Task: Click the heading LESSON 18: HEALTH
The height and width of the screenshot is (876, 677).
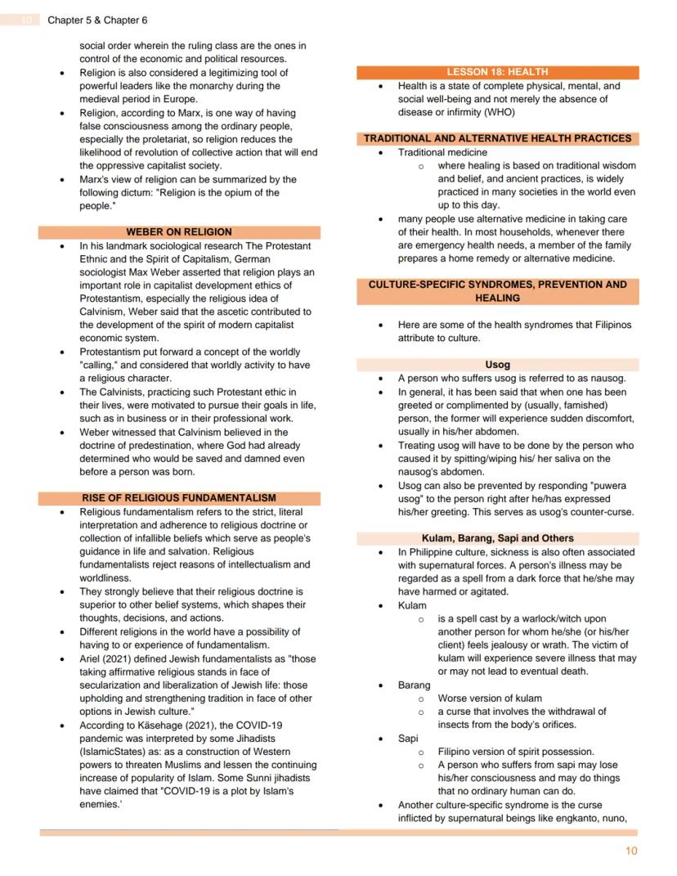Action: [497, 72]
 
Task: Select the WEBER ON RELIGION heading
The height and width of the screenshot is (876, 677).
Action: [178, 231]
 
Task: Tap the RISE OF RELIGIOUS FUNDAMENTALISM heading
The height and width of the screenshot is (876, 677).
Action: [178, 497]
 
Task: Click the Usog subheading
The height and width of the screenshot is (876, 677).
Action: [497, 364]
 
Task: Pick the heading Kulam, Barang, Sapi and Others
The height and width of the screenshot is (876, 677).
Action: [497, 538]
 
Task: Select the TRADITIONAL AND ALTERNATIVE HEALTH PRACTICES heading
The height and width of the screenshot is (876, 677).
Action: [497, 138]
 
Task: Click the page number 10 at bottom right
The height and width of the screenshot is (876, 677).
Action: [630, 851]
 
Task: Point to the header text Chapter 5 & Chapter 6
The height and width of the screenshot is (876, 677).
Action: [97, 20]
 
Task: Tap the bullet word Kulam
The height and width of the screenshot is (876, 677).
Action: [412, 605]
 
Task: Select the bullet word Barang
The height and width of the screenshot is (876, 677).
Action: [414, 685]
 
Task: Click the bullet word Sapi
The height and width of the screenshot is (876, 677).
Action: [408, 738]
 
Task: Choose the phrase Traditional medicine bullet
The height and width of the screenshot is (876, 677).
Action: [442, 152]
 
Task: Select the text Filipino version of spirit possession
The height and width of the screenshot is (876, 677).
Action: [516, 751]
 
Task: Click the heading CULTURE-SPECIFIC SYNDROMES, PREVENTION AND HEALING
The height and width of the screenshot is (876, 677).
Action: [497, 291]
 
